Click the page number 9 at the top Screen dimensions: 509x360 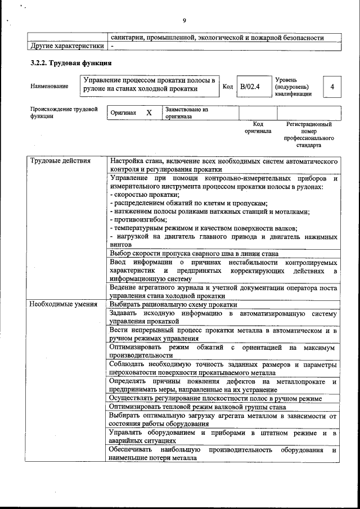[184, 21]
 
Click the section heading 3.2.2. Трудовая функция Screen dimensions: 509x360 [70, 63]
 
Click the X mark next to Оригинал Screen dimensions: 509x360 [149, 112]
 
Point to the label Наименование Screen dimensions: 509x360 [49, 86]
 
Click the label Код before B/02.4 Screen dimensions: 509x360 [228, 87]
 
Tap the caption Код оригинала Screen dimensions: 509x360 [258, 127]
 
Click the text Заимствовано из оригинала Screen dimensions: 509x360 [187, 113]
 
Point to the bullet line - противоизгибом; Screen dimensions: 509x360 [138, 220]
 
